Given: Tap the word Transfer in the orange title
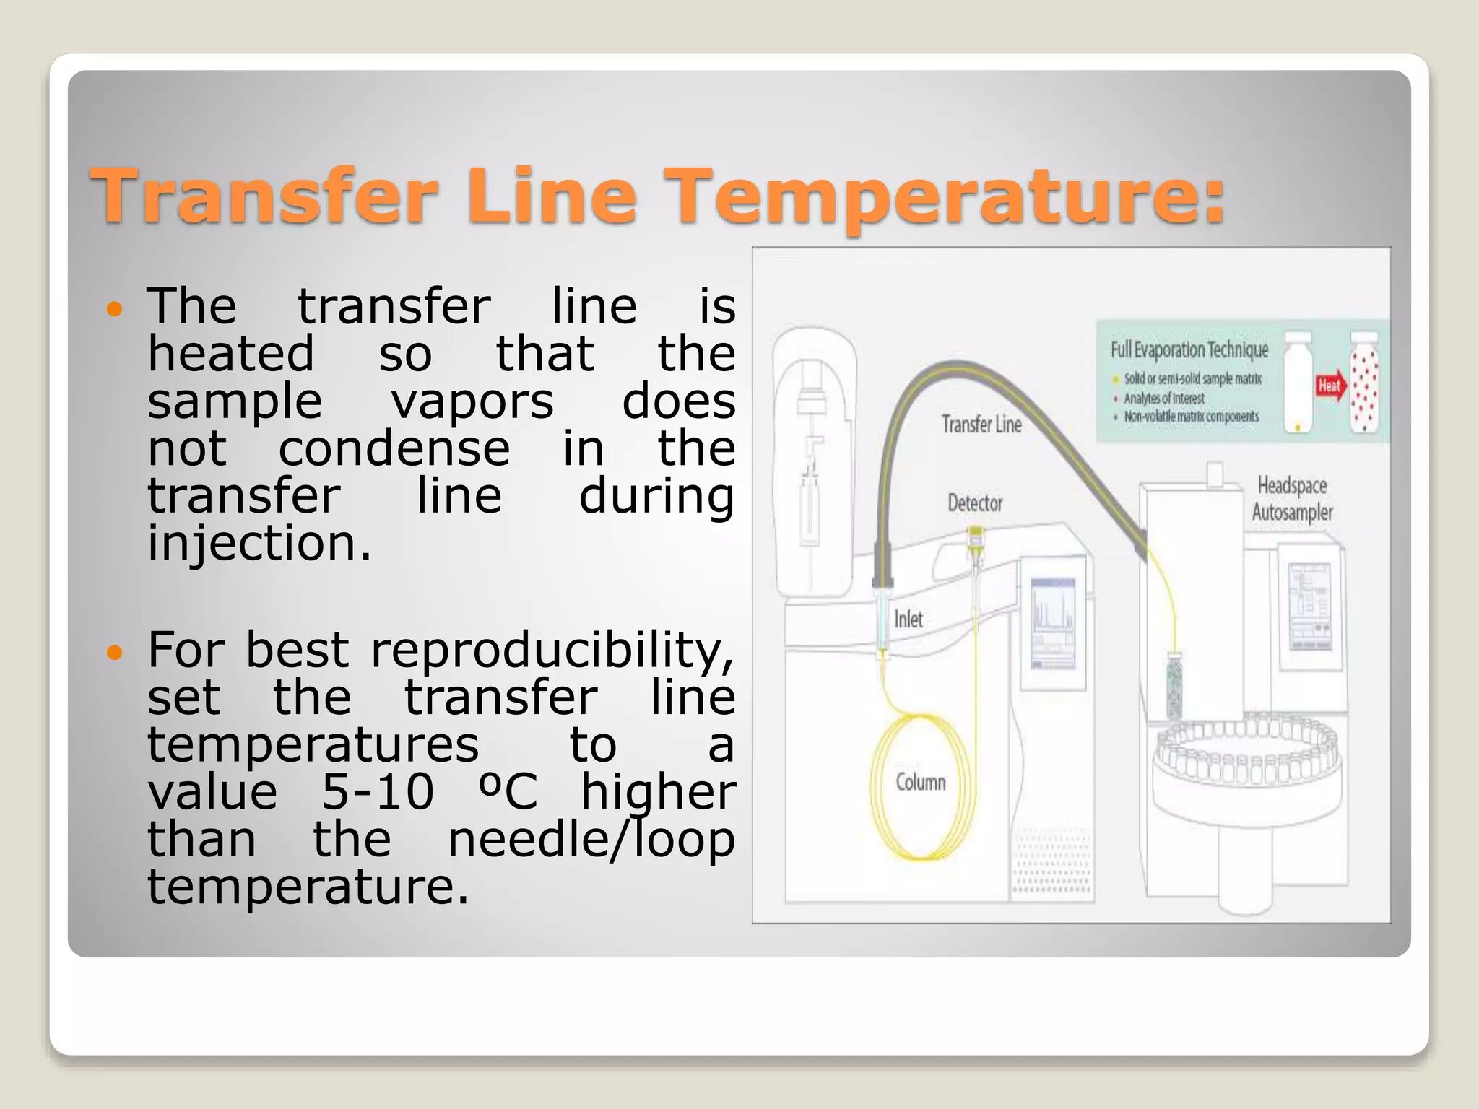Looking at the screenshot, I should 264,195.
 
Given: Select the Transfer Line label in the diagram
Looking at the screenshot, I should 981,424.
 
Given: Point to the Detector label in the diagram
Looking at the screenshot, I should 975,503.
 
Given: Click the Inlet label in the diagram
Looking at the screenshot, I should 908,619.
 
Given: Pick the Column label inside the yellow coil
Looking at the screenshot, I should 921,782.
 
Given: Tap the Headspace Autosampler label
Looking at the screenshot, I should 1292,498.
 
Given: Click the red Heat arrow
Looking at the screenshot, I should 1330,386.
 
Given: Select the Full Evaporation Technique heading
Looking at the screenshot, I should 1189,349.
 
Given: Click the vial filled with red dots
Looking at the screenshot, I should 1364,383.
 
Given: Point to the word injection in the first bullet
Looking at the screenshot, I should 259,543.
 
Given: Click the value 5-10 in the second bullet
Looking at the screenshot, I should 377,791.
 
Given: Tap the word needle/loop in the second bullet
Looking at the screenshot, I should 591,839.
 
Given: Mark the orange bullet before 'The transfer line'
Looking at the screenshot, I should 115,310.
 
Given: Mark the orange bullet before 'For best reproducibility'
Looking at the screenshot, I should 115,653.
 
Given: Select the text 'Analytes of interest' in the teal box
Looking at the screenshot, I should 1164,398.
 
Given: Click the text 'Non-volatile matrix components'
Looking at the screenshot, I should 1192,417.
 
